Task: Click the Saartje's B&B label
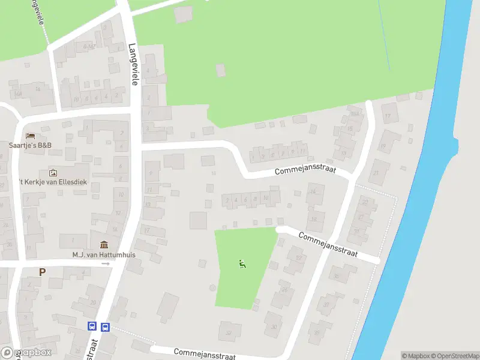click(x=30, y=145)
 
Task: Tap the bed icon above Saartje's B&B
click(x=30, y=135)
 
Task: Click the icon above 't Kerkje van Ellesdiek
click(x=53, y=173)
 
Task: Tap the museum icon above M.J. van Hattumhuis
click(x=104, y=245)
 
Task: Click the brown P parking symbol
click(x=42, y=272)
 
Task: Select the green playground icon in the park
click(x=242, y=263)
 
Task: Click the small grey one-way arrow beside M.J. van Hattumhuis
click(x=106, y=263)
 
